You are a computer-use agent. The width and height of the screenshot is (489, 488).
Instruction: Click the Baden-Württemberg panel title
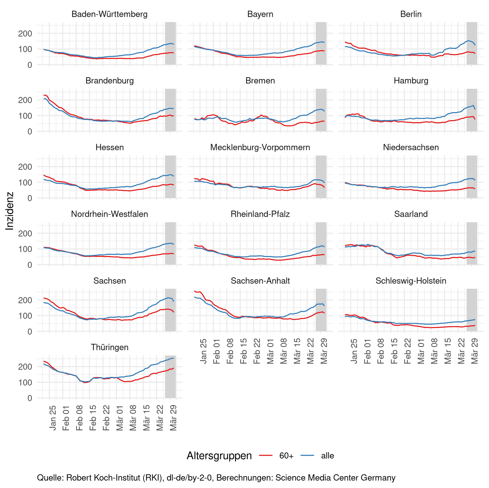click(109, 14)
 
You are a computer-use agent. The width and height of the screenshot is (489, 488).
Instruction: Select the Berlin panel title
click(411, 14)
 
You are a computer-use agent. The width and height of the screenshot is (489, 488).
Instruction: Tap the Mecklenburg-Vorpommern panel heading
click(260, 147)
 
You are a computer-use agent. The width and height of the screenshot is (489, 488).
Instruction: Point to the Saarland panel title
click(411, 214)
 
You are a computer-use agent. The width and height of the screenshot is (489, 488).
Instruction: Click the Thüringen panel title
click(109, 347)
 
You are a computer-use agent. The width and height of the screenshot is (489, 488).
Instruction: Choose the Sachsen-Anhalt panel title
click(260, 281)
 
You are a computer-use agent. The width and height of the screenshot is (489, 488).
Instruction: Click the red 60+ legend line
click(266, 456)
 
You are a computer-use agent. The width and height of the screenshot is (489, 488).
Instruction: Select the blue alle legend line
click(307, 456)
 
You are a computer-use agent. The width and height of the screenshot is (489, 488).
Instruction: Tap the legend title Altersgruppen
click(219, 456)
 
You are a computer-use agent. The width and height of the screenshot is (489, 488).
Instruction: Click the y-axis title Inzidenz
click(10, 211)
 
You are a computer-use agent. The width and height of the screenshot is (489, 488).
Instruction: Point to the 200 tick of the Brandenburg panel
click(25, 100)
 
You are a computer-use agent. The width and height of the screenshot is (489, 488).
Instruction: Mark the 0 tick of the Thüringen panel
click(30, 398)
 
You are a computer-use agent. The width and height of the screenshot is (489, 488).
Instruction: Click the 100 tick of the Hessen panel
click(25, 182)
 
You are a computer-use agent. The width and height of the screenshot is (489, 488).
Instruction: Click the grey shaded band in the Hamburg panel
click(472, 110)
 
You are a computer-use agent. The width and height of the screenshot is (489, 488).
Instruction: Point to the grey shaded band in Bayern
click(321, 43)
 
